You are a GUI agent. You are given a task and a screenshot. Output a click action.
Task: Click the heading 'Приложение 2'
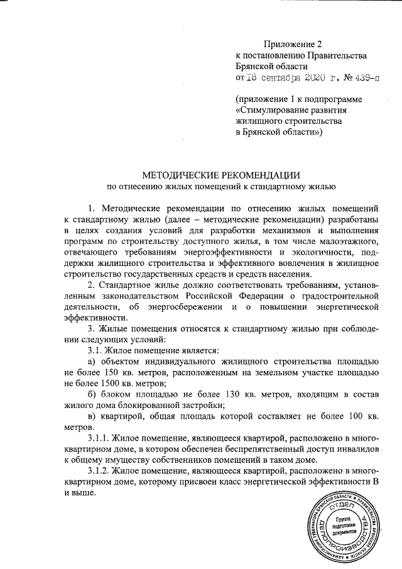pos(292,44)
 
